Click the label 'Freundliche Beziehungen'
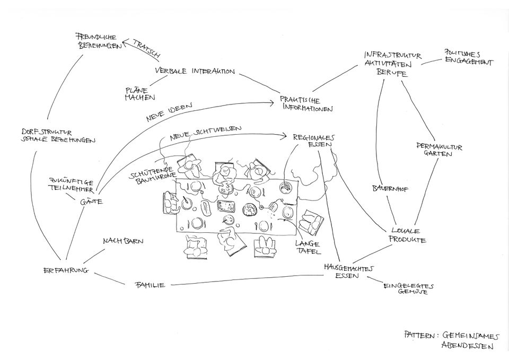tap(99, 41)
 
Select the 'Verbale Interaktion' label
tap(195, 71)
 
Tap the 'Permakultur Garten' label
tap(438, 150)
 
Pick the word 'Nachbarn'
tap(123, 241)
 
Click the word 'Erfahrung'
tap(65, 270)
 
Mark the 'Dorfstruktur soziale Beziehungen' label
tap(58, 136)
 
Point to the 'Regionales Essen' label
tap(314, 139)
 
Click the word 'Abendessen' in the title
tap(467, 346)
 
